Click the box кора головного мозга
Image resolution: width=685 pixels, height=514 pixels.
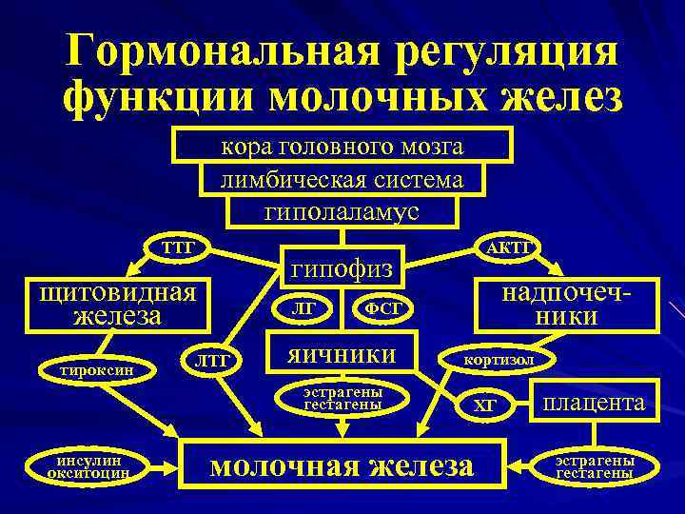click(342, 147)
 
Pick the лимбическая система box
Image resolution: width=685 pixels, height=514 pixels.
click(342, 179)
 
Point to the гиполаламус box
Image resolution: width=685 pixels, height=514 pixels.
click(342, 211)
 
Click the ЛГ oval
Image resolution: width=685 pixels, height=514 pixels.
click(303, 308)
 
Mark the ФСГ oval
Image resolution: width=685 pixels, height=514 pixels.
click(383, 308)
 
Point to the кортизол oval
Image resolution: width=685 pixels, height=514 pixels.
click(498, 361)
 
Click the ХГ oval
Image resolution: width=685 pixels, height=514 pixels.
click(486, 405)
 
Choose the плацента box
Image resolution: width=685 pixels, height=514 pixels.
click(594, 403)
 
